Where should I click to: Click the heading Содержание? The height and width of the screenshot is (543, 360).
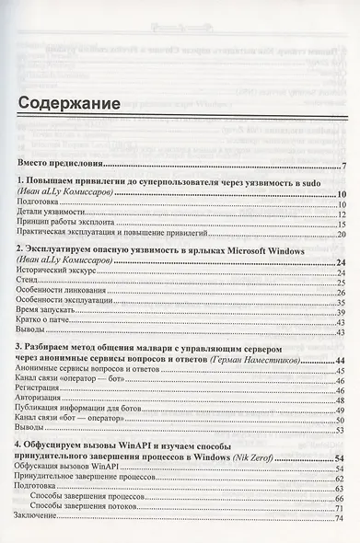tap(69, 104)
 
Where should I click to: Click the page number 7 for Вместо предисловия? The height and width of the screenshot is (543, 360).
tap(343, 166)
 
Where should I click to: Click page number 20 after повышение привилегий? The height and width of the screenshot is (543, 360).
tap(340, 236)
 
